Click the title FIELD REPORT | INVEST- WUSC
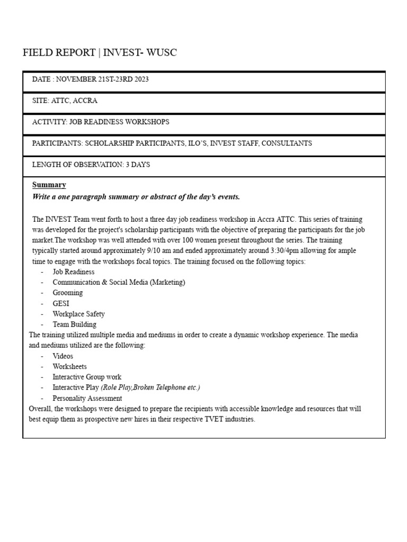(x=100, y=52)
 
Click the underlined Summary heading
(x=49, y=185)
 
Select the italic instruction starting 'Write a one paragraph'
(x=136, y=197)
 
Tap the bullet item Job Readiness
(x=73, y=272)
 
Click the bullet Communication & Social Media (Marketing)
(x=119, y=282)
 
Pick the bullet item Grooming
(x=67, y=293)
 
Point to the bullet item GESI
(x=61, y=303)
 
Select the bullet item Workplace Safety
(x=78, y=314)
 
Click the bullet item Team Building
(x=74, y=324)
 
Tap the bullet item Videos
(x=63, y=356)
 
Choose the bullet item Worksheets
(x=69, y=366)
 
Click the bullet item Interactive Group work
(x=86, y=377)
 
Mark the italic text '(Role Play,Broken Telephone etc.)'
(x=151, y=387)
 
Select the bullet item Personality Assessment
(x=87, y=398)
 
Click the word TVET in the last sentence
(x=205, y=419)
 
